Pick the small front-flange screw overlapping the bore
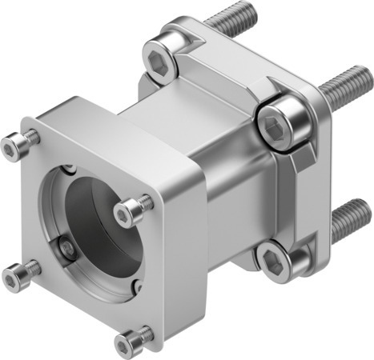[132, 209]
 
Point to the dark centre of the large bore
[100, 232]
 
